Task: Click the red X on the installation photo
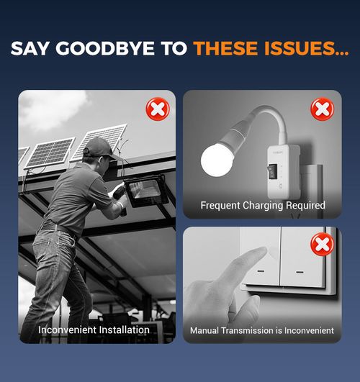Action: tap(158, 109)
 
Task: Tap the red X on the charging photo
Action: tap(323, 109)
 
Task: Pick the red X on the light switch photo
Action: tap(323, 244)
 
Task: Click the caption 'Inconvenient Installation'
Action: tap(94, 330)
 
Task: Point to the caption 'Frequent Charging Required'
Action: tap(263, 205)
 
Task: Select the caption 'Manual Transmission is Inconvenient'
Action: tap(262, 331)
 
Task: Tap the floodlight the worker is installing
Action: tap(146, 191)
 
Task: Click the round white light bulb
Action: tap(217, 160)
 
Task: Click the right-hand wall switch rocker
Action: tap(303, 258)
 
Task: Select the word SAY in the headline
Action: tap(30, 48)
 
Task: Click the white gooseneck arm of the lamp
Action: tap(271, 119)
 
